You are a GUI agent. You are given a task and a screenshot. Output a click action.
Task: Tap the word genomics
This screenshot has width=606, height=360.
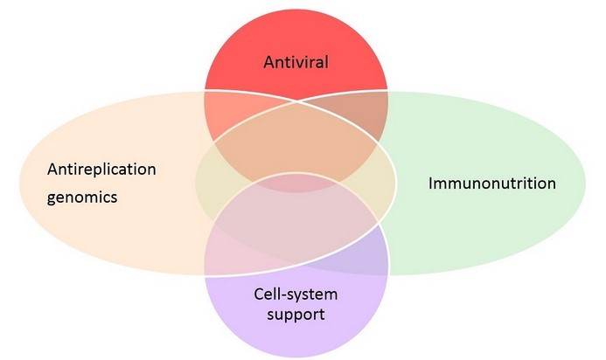[x=82, y=197]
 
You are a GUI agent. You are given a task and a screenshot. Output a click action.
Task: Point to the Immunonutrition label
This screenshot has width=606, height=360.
[x=491, y=183]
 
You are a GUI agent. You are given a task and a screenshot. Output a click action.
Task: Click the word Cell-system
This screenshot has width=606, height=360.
[x=296, y=294]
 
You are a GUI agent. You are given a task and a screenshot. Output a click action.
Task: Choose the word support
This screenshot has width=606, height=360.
[x=296, y=313]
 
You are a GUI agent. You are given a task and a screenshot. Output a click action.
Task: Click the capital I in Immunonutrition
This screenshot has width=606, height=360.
[x=430, y=183]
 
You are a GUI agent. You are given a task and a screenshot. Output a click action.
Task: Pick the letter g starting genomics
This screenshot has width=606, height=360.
[x=51, y=199]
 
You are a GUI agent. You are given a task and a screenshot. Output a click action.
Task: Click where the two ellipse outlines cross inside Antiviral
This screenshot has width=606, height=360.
[x=296, y=103]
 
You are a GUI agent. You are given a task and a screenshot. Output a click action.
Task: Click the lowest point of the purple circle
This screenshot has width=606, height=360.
[x=296, y=351]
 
